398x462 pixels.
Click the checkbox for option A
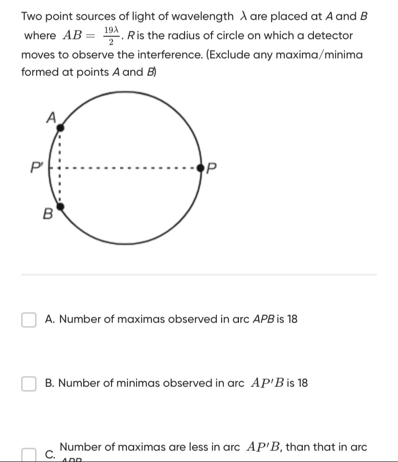(x=29, y=320)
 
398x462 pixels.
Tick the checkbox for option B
(x=29, y=384)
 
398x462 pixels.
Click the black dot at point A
(x=61, y=127)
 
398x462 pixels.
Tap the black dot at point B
(x=61, y=207)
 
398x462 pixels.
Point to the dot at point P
(x=201, y=168)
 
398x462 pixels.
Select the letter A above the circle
(x=50, y=117)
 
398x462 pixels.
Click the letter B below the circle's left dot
(x=47, y=214)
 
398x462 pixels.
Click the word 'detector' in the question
(x=330, y=36)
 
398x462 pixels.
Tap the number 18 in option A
(x=292, y=319)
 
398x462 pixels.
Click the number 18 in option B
(x=302, y=384)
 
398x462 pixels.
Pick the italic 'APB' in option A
(x=262, y=319)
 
